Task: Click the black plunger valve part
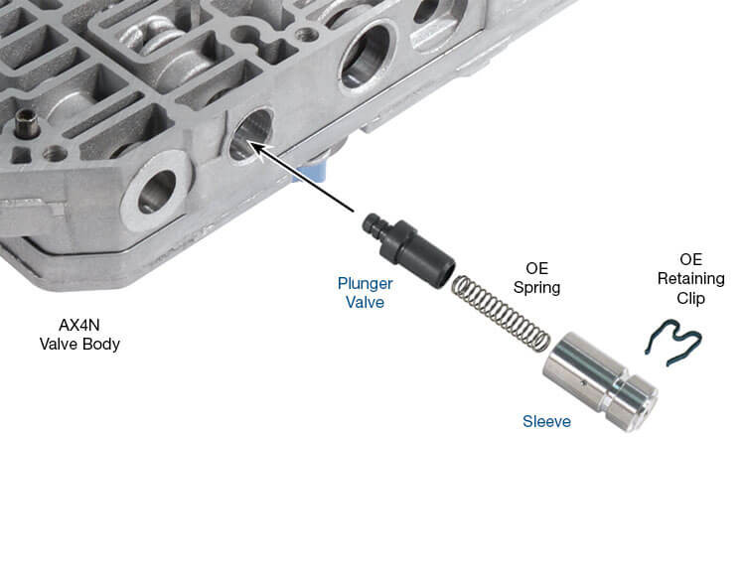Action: coord(408,250)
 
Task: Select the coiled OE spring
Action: coord(501,314)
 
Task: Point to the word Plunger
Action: coord(365,283)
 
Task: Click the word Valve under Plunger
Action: coord(365,302)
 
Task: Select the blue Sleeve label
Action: coord(546,421)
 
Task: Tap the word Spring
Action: coord(536,288)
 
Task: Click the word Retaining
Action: coord(690,278)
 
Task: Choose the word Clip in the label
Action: coord(690,298)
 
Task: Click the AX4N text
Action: coord(79,325)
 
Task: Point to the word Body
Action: coord(101,344)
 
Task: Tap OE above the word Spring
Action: coord(536,268)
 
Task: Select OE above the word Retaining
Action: coord(690,259)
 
